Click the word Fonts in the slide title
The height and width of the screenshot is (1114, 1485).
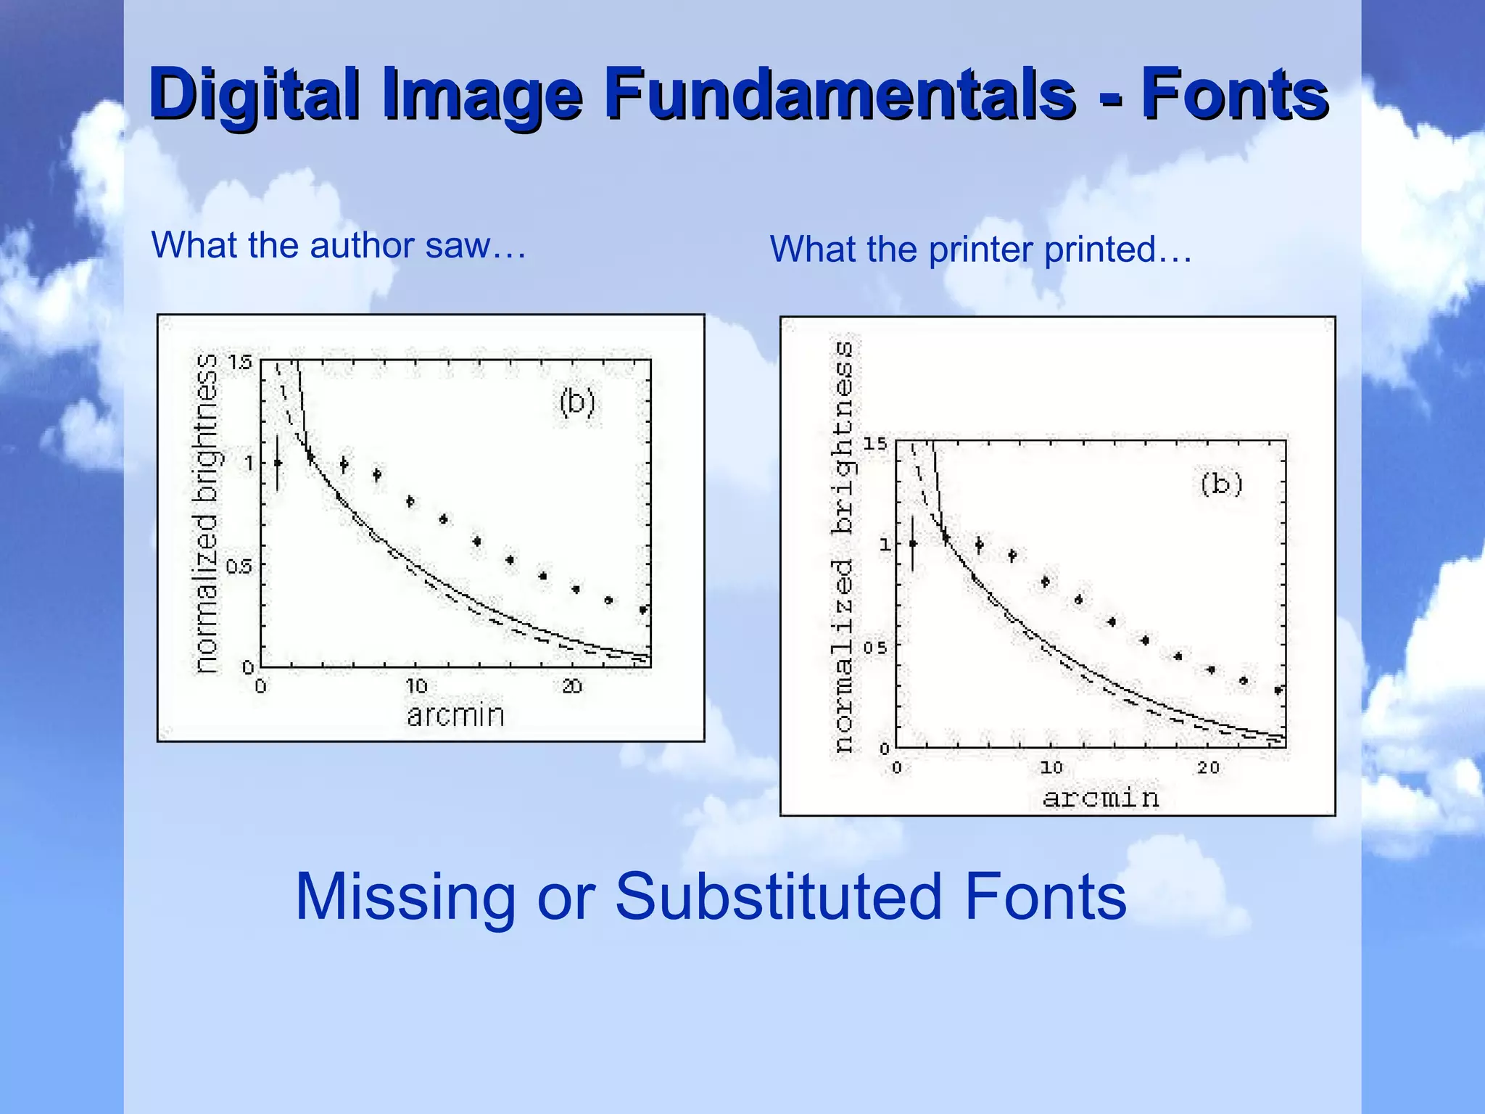[1234, 94]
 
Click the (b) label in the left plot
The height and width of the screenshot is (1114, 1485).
[577, 403]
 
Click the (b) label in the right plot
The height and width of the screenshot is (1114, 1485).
[1222, 484]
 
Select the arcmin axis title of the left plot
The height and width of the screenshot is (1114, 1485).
[455, 716]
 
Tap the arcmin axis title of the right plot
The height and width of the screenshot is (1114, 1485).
[1101, 799]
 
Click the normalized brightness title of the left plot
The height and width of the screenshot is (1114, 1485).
[207, 513]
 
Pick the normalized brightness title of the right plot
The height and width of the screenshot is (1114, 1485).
[843, 548]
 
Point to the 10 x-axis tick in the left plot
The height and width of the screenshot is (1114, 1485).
[416, 686]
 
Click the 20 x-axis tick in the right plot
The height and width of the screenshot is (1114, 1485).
[1208, 767]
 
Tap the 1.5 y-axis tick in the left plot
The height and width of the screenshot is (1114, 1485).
[240, 362]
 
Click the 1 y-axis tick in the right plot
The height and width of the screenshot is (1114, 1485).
[885, 544]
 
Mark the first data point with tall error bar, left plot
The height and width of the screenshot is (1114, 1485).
[277, 463]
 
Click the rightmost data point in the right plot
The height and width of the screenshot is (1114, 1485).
[1278, 690]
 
